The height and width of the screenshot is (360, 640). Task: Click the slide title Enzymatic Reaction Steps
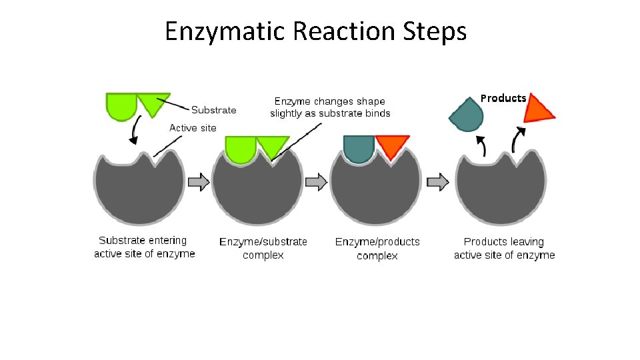point(315,31)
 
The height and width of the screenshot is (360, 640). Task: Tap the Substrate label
point(213,110)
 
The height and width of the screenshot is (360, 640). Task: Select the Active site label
point(193,127)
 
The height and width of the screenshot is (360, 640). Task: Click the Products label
point(503,99)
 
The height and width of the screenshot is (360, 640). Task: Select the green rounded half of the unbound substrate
point(121,107)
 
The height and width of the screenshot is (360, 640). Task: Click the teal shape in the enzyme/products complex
point(358,149)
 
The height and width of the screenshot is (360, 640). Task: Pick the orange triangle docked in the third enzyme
point(391,145)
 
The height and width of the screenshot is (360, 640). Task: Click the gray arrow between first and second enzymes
point(199,181)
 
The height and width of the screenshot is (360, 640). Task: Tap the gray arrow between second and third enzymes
point(316,181)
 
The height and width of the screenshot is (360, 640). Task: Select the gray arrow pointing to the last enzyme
point(437,181)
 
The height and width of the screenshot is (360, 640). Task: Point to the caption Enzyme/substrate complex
point(263,248)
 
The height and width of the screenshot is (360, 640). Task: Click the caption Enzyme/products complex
point(377,248)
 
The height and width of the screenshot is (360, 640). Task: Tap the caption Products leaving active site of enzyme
point(504,248)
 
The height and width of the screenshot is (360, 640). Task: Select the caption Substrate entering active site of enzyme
point(144,247)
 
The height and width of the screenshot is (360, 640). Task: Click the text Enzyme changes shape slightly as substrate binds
point(330,107)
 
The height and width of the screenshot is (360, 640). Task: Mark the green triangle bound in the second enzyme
point(272,146)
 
